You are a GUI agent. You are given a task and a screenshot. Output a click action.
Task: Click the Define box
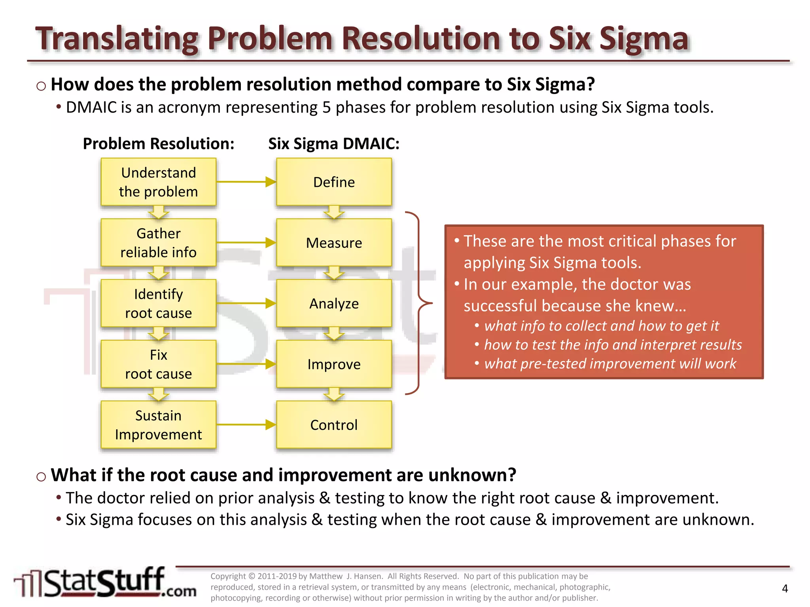334,182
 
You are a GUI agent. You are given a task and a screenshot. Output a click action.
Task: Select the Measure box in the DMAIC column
334,243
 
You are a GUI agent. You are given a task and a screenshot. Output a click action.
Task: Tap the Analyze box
334,303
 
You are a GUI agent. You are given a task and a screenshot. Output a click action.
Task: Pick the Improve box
334,364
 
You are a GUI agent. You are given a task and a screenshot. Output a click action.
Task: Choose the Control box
334,425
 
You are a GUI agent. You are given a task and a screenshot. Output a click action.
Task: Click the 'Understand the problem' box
158,182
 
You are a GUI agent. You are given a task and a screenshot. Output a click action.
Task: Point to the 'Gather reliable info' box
158,243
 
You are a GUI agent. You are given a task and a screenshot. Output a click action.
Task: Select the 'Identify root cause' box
158,303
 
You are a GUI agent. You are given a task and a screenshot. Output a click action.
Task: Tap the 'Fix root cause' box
158,364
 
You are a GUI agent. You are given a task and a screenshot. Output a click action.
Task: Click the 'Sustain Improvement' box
158,425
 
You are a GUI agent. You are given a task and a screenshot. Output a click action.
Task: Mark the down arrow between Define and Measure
334,212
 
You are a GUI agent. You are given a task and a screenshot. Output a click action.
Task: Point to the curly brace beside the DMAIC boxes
419,303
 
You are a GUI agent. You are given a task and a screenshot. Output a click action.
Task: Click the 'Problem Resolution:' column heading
158,144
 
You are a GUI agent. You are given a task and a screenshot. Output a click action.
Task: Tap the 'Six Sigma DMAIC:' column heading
334,144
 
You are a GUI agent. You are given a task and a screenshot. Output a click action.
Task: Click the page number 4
785,589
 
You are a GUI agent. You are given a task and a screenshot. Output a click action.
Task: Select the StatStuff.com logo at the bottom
105,583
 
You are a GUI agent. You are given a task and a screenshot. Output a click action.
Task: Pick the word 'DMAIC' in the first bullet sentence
91,107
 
